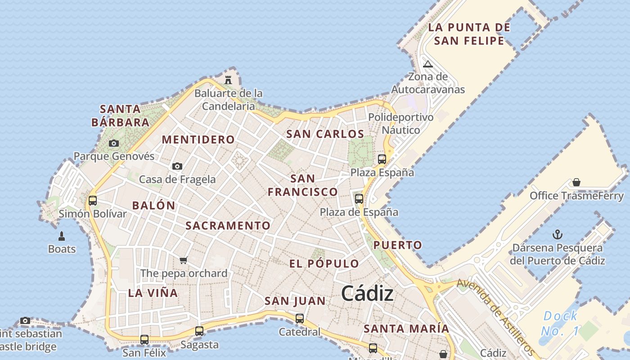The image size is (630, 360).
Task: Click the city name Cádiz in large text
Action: [x=367, y=294]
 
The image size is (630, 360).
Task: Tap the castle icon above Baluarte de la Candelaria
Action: [x=228, y=80]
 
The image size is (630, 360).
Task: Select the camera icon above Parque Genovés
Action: [x=114, y=144]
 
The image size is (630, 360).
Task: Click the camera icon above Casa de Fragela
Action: [x=177, y=166]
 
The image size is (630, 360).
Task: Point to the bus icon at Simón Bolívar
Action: [x=93, y=200]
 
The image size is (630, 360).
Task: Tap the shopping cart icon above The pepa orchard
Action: [x=183, y=260]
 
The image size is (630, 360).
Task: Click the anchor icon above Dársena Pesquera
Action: [x=558, y=234]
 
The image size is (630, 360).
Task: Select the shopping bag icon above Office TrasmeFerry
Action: [x=576, y=182]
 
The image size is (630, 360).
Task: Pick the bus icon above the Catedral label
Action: [x=300, y=319]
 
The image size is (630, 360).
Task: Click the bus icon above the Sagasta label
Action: [x=199, y=331]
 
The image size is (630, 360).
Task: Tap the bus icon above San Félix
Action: [x=144, y=339]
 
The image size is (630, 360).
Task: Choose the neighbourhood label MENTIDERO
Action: [x=198, y=139]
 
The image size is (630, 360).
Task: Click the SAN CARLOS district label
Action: [x=325, y=134]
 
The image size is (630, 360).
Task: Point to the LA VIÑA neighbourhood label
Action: [x=153, y=293]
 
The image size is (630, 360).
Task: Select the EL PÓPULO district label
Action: [x=324, y=264]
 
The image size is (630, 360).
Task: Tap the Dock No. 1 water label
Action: [x=560, y=323]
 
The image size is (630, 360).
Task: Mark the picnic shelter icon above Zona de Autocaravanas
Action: [x=428, y=64]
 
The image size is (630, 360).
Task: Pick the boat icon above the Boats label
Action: [x=62, y=236]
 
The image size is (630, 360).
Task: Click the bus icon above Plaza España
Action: [x=382, y=159]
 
